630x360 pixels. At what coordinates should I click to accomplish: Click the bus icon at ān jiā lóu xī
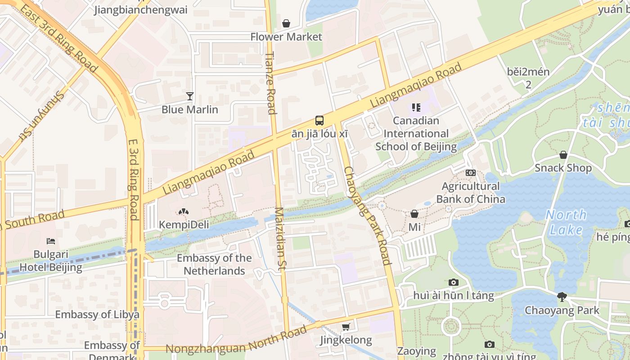(x=319, y=120)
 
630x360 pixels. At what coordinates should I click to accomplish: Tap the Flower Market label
(x=286, y=37)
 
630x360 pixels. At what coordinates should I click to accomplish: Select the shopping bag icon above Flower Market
(x=286, y=23)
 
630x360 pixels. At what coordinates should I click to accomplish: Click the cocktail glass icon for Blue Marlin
(x=190, y=96)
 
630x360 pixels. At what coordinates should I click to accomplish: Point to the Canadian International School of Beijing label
(x=416, y=134)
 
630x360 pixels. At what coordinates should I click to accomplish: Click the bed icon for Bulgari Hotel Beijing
(x=51, y=241)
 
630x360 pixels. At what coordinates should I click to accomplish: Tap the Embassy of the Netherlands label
(x=214, y=265)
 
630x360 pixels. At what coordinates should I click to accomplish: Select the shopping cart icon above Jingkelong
(x=346, y=327)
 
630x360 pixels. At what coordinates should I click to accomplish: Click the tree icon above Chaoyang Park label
(x=562, y=297)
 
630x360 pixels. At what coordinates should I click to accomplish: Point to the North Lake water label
(x=566, y=222)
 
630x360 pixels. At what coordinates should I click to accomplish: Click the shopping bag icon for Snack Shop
(x=563, y=155)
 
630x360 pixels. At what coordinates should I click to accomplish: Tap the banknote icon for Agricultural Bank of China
(x=471, y=173)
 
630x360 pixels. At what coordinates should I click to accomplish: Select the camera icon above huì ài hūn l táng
(x=454, y=283)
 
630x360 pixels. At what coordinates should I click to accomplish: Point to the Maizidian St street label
(x=280, y=238)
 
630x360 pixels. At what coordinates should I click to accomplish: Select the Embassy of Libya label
(x=97, y=315)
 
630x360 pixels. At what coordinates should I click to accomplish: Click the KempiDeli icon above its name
(x=184, y=211)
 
